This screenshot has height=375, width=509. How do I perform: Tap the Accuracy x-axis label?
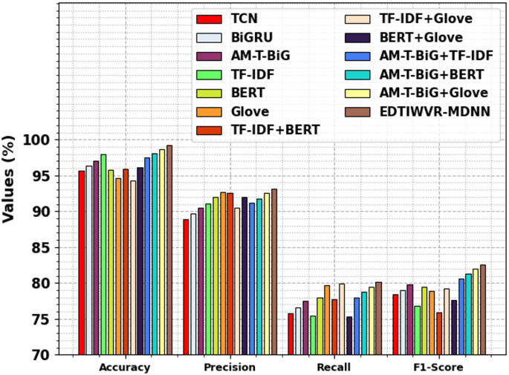pos(125,368)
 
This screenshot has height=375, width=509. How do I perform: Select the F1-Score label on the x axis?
pos(438,368)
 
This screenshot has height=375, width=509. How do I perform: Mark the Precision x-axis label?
pos(230,368)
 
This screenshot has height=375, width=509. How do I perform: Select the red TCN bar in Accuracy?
pos(82,263)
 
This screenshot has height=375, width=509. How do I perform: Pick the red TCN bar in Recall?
pos(291,334)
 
